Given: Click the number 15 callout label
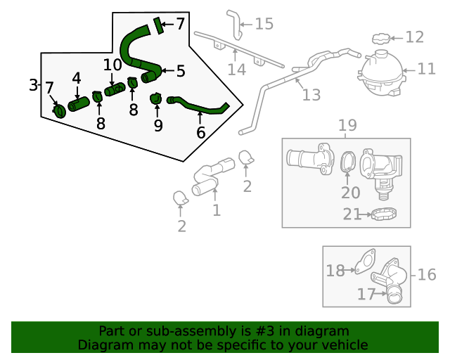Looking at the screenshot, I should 264,25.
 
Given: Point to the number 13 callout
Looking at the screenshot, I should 311,94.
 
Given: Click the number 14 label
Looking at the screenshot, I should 237,69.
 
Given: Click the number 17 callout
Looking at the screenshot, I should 366,295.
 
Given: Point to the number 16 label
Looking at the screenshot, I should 427,274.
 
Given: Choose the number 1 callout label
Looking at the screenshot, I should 217,210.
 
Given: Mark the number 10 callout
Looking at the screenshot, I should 112,65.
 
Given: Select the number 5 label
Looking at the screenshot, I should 181,71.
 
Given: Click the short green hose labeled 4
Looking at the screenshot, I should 79,105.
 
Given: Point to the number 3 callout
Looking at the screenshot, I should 34,85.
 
